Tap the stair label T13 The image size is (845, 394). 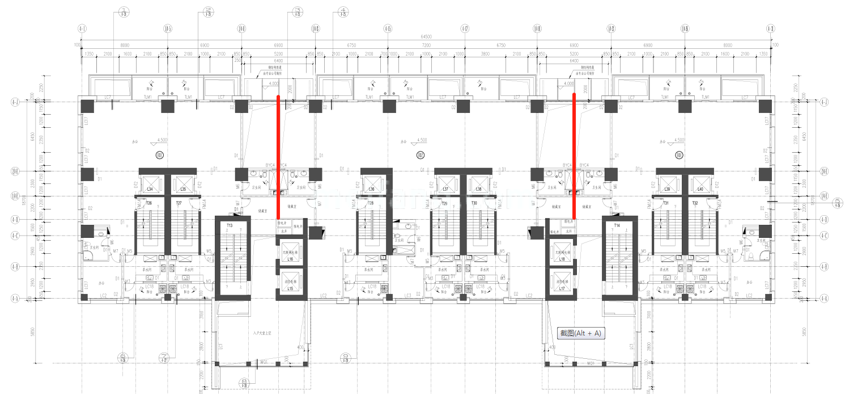pos(230,225)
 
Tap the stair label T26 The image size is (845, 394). pos(148,203)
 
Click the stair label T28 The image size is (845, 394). pos(370,203)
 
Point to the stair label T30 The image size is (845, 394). pos(474,203)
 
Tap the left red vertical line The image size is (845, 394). pos(278,157)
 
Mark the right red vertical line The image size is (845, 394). pos(574,156)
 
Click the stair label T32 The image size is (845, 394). pos(695,203)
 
